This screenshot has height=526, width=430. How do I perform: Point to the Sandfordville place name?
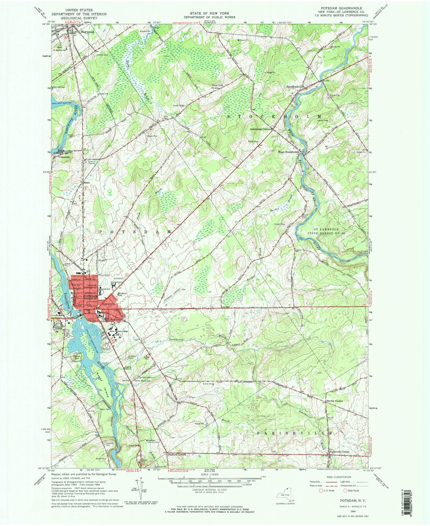pos(295,86)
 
